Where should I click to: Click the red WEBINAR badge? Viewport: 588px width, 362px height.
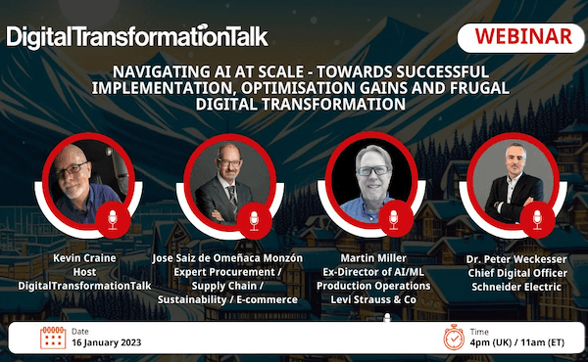(x=521, y=38)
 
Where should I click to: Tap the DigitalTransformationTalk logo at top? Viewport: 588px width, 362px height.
(x=137, y=36)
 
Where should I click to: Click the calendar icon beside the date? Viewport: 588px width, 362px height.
(x=53, y=338)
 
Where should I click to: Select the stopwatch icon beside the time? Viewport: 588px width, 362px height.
(x=454, y=338)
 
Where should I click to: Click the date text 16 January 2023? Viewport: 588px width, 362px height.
(x=107, y=342)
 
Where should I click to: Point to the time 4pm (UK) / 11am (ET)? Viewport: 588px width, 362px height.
(x=517, y=342)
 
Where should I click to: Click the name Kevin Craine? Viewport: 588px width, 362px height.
(x=84, y=258)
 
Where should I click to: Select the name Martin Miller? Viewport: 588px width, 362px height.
(x=373, y=258)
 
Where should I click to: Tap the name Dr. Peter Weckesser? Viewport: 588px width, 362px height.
(x=516, y=259)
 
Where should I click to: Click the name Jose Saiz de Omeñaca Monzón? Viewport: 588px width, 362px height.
(x=227, y=258)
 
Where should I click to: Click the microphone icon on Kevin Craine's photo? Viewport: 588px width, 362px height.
(x=113, y=220)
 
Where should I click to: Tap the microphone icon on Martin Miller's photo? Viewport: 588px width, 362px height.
(x=393, y=220)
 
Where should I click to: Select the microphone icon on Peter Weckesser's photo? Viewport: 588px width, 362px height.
(x=537, y=220)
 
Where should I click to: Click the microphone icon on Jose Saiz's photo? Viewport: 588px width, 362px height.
(x=254, y=220)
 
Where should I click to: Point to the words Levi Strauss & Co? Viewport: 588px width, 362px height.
(x=373, y=299)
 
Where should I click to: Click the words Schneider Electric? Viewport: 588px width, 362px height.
(x=516, y=287)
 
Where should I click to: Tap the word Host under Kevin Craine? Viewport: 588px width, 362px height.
(x=84, y=272)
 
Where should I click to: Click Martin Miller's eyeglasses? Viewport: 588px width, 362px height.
(x=374, y=170)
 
